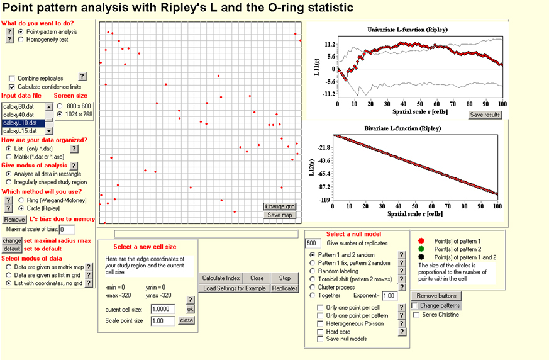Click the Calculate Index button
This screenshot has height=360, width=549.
(x=222, y=278)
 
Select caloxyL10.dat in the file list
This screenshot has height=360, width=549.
(x=23, y=123)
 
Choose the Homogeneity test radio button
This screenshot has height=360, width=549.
(x=21, y=39)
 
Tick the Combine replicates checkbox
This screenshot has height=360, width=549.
(x=12, y=78)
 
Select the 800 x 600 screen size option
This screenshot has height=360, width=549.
(x=60, y=106)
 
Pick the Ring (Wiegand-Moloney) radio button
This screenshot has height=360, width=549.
(x=21, y=200)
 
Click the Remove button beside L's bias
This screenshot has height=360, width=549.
(x=14, y=220)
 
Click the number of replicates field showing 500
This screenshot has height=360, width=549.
(x=313, y=244)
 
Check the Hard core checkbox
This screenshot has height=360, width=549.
(x=321, y=330)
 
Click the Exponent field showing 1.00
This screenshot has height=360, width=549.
(x=390, y=295)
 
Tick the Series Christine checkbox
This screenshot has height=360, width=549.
(x=416, y=314)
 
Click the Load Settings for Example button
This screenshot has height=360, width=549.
(x=235, y=288)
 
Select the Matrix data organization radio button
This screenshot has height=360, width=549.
(x=9, y=156)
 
